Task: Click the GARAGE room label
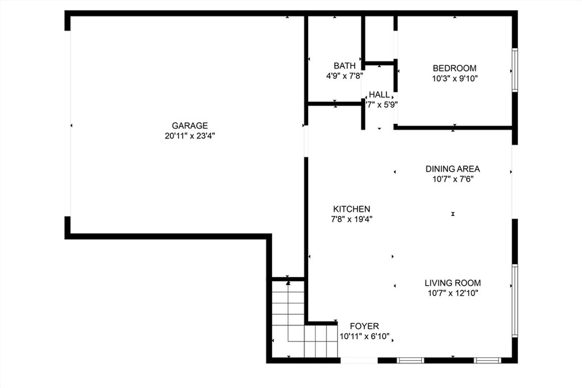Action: click(x=190, y=126)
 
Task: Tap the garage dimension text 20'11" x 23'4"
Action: click(x=190, y=136)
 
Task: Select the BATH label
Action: click(x=344, y=66)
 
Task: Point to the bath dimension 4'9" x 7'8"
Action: click(x=344, y=76)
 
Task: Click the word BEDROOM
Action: click(x=455, y=68)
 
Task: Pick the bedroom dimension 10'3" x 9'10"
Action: click(x=455, y=78)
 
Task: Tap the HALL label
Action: click(x=379, y=95)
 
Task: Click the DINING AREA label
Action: click(x=453, y=169)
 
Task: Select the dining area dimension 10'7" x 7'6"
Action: click(x=453, y=179)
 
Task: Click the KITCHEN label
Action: click(x=351, y=209)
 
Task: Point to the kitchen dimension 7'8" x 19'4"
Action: click(x=351, y=219)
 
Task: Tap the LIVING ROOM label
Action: click(x=453, y=283)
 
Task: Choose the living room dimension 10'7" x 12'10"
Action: click(x=453, y=293)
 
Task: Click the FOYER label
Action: click(x=364, y=326)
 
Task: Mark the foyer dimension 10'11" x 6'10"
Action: click(x=364, y=336)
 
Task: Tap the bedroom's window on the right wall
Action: click(x=514, y=70)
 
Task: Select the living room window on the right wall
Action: click(x=514, y=301)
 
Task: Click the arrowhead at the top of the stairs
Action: click(x=288, y=283)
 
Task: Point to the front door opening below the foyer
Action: click(x=359, y=360)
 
